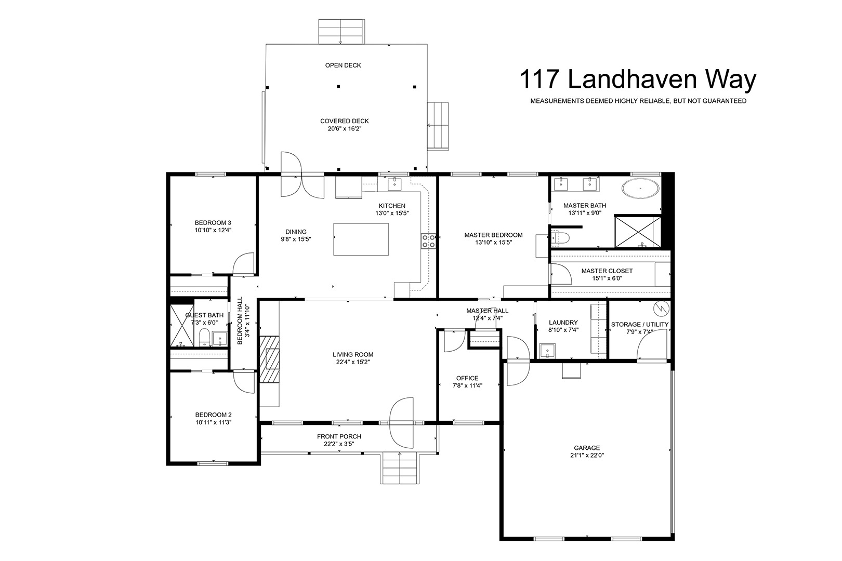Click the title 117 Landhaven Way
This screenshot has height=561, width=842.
pyautogui.click(x=638, y=79)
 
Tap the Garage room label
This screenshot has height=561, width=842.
pyautogui.click(x=587, y=448)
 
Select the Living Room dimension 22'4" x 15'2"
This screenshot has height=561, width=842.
pyautogui.click(x=353, y=362)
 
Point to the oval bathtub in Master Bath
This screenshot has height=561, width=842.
pyautogui.click(x=640, y=188)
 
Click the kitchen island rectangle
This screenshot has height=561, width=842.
pyautogui.click(x=361, y=239)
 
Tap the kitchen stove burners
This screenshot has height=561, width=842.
pyautogui.click(x=428, y=241)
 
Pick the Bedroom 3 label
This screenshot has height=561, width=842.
pyautogui.click(x=213, y=223)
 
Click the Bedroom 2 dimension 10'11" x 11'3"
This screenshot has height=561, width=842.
pyautogui.click(x=213, y=422)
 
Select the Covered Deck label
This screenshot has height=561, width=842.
pyautogui.click(x=344, y=121)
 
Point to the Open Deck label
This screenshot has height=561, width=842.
pyautogui.click(x=343, y=65)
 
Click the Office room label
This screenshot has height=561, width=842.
pyautogui.click(x=467, y=378)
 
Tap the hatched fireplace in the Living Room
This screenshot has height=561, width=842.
pyautogui.click(x=269, y=359)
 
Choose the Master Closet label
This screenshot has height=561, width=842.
pyautogui.click(x=607, y=271)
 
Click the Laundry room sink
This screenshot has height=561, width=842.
pyautogui.click(x=547, y=351)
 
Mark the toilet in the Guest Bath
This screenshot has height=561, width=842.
pyautogui.click(x=204, y=338)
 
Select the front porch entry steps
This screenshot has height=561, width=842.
pyautogui.click(x=400, y=469)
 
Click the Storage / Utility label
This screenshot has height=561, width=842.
pyautogui.click(x=640, y=324)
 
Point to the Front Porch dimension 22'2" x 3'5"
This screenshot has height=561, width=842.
pyautogui.click(x=339, y=444)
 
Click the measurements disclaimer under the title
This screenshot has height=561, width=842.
pyautogui.click(x=638, y=101)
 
